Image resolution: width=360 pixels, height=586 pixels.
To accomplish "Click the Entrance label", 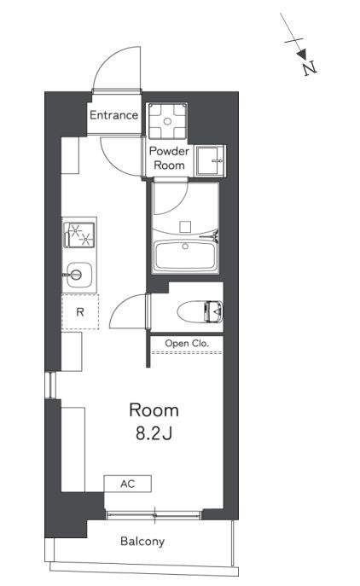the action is point(113,115).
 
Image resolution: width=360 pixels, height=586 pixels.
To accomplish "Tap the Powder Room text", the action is point(169,158).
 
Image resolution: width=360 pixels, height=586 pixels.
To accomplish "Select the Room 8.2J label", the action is point(154,421).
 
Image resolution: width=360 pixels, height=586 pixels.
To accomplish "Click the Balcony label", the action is point(142,541).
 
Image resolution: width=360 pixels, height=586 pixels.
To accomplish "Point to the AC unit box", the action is point(127,484).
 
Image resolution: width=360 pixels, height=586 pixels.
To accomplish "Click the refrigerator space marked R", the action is point(80,311).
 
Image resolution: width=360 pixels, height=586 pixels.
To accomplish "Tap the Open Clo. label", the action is point(187,343).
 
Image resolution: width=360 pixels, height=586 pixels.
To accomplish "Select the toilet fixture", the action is point(200,311).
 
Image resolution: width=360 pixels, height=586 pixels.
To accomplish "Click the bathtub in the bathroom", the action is point(185,257).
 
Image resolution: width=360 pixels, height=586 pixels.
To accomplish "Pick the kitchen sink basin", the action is point(78,275).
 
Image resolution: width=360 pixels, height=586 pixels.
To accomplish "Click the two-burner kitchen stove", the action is point(78,235).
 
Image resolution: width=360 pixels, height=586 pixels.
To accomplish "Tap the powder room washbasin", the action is point(210,160).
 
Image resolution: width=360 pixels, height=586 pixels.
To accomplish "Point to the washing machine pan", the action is point(167,121).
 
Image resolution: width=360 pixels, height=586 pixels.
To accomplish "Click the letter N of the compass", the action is point(310,68).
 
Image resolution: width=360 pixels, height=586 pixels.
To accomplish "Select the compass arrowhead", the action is point(302,55).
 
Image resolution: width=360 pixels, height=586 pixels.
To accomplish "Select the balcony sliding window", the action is point(154,515).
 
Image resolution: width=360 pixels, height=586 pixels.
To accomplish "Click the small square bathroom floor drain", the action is point(185,227).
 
